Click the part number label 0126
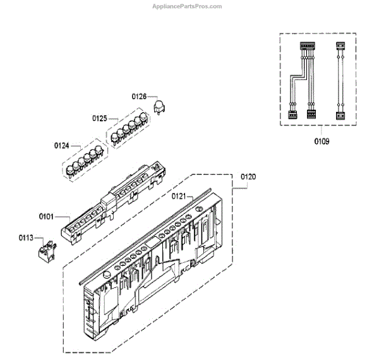coord(139,97)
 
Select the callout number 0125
coord(100,118)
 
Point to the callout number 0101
coord(46,216)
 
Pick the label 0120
coord(249,177)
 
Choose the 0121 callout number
coord(179,196)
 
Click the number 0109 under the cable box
coord(322,141)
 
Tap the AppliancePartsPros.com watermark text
coord(188,6)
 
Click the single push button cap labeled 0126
coord(159,106)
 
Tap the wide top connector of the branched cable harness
coord(308,46)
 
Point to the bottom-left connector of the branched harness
coord(292,114)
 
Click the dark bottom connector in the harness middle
coord(310,114)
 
